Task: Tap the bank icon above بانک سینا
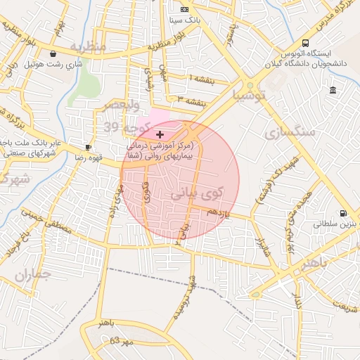coord(184,9)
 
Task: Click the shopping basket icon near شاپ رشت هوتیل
coord(53,53)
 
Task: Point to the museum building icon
coord(332,89)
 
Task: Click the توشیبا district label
coord(251,94)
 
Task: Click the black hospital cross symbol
coord(160,134)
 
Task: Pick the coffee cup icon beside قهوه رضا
coord(89,147)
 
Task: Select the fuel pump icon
coord(342,213)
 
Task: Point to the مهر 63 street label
coord(105,341)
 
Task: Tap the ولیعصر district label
coord(120,105)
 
